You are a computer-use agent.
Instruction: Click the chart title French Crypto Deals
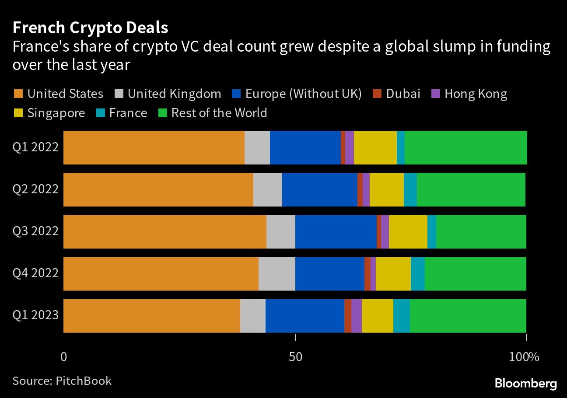90,28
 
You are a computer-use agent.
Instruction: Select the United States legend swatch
18,94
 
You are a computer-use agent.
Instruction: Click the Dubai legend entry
396,94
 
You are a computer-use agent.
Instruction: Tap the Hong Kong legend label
476,94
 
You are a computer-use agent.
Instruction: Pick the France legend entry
121,113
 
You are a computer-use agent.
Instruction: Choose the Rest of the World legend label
219,113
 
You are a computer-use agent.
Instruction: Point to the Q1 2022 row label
35,147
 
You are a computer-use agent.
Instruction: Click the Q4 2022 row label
35,273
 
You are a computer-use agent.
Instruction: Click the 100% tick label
524,357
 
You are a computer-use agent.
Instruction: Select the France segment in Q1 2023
401,316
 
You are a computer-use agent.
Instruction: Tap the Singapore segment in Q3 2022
408,232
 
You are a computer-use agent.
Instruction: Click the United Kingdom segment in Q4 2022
276,274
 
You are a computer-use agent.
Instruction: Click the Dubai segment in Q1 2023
347,316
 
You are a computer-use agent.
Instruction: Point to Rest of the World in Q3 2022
481,232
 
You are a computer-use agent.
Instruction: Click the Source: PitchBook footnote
62,381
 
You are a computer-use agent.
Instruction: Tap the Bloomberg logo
525,384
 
